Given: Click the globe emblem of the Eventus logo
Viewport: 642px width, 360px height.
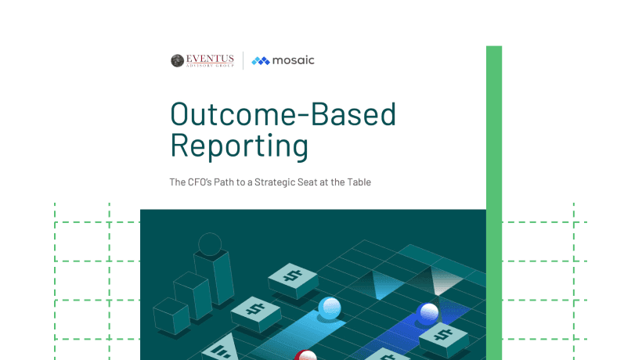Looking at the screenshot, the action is point(177,60).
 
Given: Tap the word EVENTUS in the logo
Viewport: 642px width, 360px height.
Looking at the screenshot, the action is point(210,59).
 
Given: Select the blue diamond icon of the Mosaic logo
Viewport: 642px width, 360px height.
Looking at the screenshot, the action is point(261,61).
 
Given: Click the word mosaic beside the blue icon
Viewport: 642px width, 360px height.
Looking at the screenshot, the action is point(293,60).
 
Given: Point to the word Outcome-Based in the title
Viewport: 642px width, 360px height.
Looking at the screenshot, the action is point(283,113).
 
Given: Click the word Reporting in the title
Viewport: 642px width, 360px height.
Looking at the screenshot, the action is point(239,146).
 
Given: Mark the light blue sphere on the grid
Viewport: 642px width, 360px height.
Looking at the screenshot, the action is point(330,308).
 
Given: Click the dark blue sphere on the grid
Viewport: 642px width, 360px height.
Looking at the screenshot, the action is point(427,314).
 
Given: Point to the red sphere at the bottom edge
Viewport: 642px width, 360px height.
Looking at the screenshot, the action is point(305,355).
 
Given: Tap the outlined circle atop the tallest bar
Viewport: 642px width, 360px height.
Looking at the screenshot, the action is point(210,244).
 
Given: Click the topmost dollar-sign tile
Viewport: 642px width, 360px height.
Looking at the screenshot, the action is point(293,281).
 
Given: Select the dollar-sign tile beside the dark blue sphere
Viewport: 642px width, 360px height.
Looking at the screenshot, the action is point(444,339).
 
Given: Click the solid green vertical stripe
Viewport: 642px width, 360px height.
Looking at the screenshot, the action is point(494,203).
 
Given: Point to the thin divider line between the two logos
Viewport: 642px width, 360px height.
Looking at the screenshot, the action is point(243,60).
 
